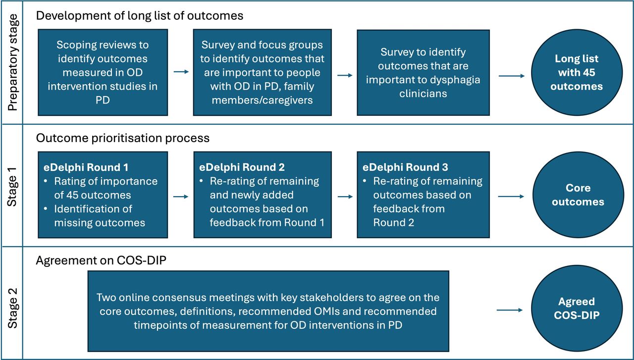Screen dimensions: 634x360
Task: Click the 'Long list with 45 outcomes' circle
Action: (577, 72)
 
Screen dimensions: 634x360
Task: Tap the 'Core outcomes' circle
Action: (578, 195)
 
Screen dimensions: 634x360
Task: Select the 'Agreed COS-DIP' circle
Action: (577, 308)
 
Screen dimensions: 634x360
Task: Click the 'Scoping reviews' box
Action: (103, 72)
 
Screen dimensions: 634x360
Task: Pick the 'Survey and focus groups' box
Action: (262, 72)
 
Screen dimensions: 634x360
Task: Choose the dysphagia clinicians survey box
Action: (423, 72)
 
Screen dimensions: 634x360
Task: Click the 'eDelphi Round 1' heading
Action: (86, 167)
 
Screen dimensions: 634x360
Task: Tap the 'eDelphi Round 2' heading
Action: (242, 167)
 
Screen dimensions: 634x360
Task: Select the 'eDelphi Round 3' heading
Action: (405, 167)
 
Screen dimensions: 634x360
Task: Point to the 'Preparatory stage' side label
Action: (13, 62)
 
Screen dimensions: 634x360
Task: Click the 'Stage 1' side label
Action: (12, 187)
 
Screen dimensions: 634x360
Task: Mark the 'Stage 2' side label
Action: (12, 308)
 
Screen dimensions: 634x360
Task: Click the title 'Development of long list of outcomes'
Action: (140, 15)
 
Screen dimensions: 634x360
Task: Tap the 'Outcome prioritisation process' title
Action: (122, 138)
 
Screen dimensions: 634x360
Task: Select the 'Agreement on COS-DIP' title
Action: (101, 260)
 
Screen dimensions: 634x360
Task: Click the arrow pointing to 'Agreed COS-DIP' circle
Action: (510, 310)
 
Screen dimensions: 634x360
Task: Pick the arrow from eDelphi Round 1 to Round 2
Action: (181, 197)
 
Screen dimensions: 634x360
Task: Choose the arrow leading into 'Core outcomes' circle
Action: (511, 197)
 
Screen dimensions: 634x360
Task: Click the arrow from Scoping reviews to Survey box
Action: (181, 72)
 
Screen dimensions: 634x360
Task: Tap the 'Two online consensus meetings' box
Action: (268, 311)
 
